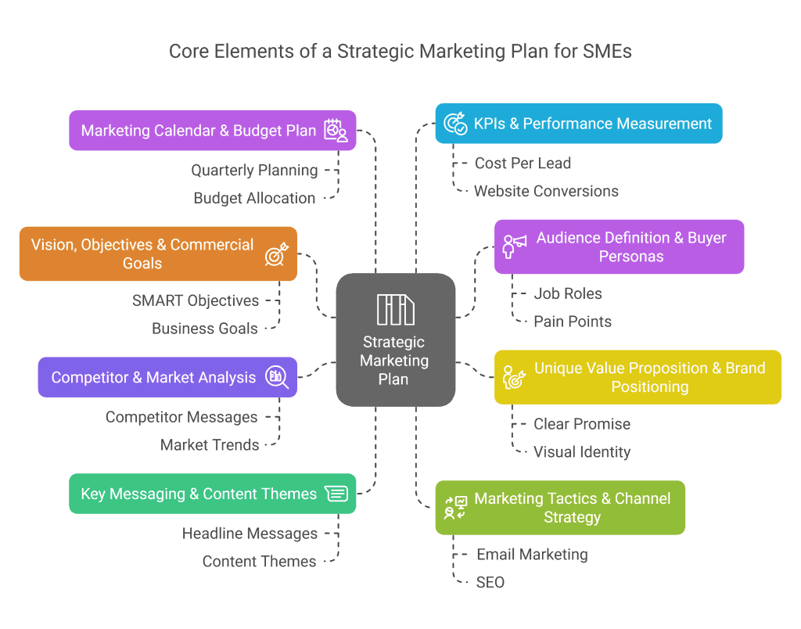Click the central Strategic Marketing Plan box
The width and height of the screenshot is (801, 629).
pyautogui.click(x=395, y=340)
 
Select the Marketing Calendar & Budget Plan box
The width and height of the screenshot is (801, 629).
pyautogui.click(x=212, y=130)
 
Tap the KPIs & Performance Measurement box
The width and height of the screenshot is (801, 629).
pyautogui.click(x=579, y=124)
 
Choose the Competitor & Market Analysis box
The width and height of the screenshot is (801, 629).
pyautogui.click(x=167, y=377)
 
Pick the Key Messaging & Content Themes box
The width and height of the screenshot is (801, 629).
pyautogui.click(x=212, y=494)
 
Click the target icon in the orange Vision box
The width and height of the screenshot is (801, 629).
pyautogui.click(x=276, y=253)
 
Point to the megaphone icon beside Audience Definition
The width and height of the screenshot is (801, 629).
pyautogui.click(x=514, y=246)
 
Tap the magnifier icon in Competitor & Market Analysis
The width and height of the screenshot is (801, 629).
pyautogui.click(x=277, y=377)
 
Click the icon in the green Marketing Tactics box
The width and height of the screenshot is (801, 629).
pyautogui.click(x=454, y=508)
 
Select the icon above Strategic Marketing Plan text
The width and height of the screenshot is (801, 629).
pyautogui.click(x=395, y=309)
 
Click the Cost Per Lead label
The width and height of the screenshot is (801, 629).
pyautogui.click(x=523, y=164)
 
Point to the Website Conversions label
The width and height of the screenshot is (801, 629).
pyautogui.click(x=546, y=191)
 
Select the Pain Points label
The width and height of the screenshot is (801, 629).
pyautogui.click(x=572, y=322)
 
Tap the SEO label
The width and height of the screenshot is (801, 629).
pyautogui.click(x=490, y=582)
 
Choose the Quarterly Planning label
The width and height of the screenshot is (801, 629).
pyautogui.click(x=254, y=171)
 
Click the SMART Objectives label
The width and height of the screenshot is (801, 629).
pyautogui.click(x=196, y=300)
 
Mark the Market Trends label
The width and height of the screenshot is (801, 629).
pyautogui.click(x=210, y=445)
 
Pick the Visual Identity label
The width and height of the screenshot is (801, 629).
pyautogui.click(x=581, y=452)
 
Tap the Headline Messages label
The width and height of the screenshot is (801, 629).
pyautogui.click(x=250, y=534)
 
